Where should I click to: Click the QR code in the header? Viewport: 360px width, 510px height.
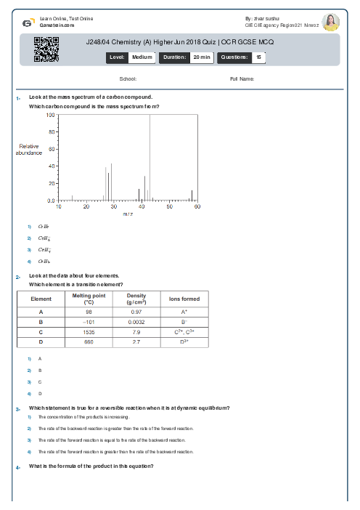tap(46, 49)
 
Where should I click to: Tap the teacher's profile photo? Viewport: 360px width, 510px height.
tap(330, 22)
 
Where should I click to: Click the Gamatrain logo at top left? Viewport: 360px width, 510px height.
tap(28, 22)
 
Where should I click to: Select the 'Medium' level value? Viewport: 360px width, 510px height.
tap(142, 57)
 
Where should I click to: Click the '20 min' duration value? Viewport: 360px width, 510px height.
tap(202, 57)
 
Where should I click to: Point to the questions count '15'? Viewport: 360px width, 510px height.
tap(258, 57)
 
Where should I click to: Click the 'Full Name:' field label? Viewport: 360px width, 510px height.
tap(242, 78)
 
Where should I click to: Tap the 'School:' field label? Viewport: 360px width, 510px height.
tap(128, 78)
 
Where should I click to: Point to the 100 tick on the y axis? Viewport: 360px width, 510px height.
tap(51, 115)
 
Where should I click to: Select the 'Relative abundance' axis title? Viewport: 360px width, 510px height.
tap(29, 150)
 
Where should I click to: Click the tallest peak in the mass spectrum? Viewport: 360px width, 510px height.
tap(150, 116)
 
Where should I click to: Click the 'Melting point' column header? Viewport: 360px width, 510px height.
tap(89, 299)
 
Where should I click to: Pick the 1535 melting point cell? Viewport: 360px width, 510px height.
tap(89, 331)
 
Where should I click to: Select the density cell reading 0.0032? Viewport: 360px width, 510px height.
tap(136, 321)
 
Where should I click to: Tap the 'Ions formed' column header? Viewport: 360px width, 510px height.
tap(184, 299)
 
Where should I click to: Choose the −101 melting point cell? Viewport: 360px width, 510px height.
tap(89, 321)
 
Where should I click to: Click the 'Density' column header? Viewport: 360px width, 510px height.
tap(136, 299)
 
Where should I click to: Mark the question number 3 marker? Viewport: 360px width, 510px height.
tap(17, 409)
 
